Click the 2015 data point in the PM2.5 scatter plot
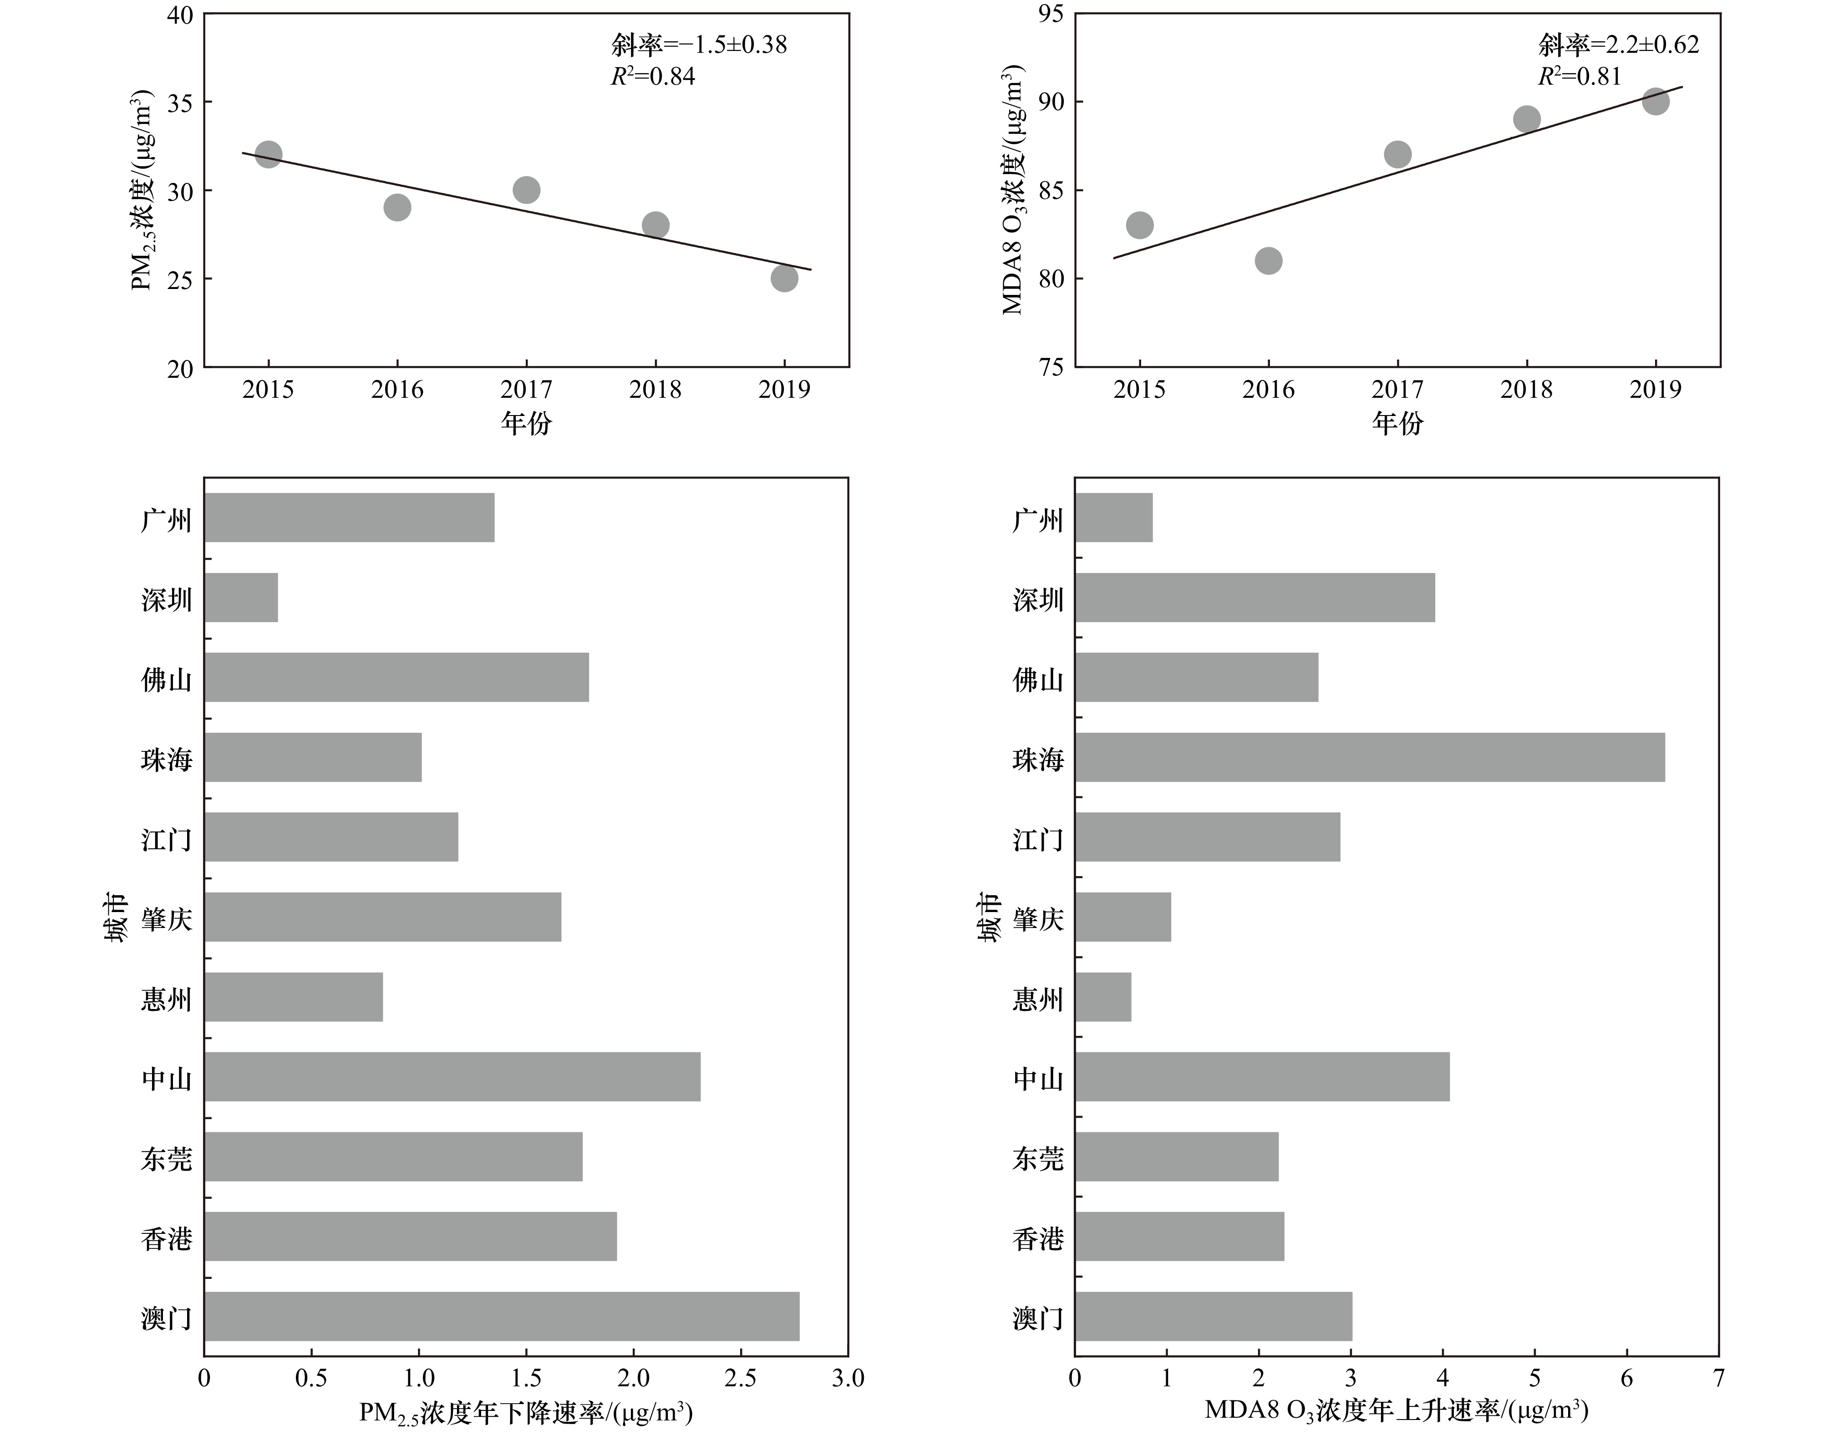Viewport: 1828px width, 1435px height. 268,155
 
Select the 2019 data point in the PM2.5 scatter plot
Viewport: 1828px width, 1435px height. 784,278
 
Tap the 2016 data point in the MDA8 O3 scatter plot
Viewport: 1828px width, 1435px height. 1269,260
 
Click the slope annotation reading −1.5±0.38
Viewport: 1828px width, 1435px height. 699,45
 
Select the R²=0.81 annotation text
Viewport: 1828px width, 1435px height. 1579,76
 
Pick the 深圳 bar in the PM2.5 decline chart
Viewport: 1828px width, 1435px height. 241,598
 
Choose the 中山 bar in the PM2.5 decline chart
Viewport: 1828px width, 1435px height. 452,1076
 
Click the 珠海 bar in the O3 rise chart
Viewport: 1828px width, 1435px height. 1369,757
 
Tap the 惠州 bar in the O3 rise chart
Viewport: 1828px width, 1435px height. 1103,996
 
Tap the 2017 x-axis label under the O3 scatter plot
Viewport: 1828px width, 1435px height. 1397,390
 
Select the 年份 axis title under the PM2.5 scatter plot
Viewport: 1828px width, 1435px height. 527,423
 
